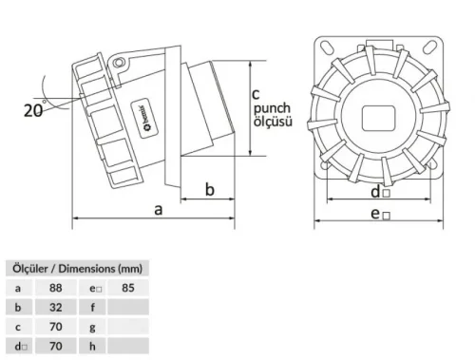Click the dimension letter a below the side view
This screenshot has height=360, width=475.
157,209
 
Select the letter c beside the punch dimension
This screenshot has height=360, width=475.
256,93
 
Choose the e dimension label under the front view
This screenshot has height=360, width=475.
379,215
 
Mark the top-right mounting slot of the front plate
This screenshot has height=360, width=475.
430,55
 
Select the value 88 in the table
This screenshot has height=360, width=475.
56,286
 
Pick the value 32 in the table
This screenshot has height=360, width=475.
56,307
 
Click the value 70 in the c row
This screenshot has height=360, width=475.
56,327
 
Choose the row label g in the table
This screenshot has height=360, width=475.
93,327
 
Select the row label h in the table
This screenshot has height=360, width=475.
93,347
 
